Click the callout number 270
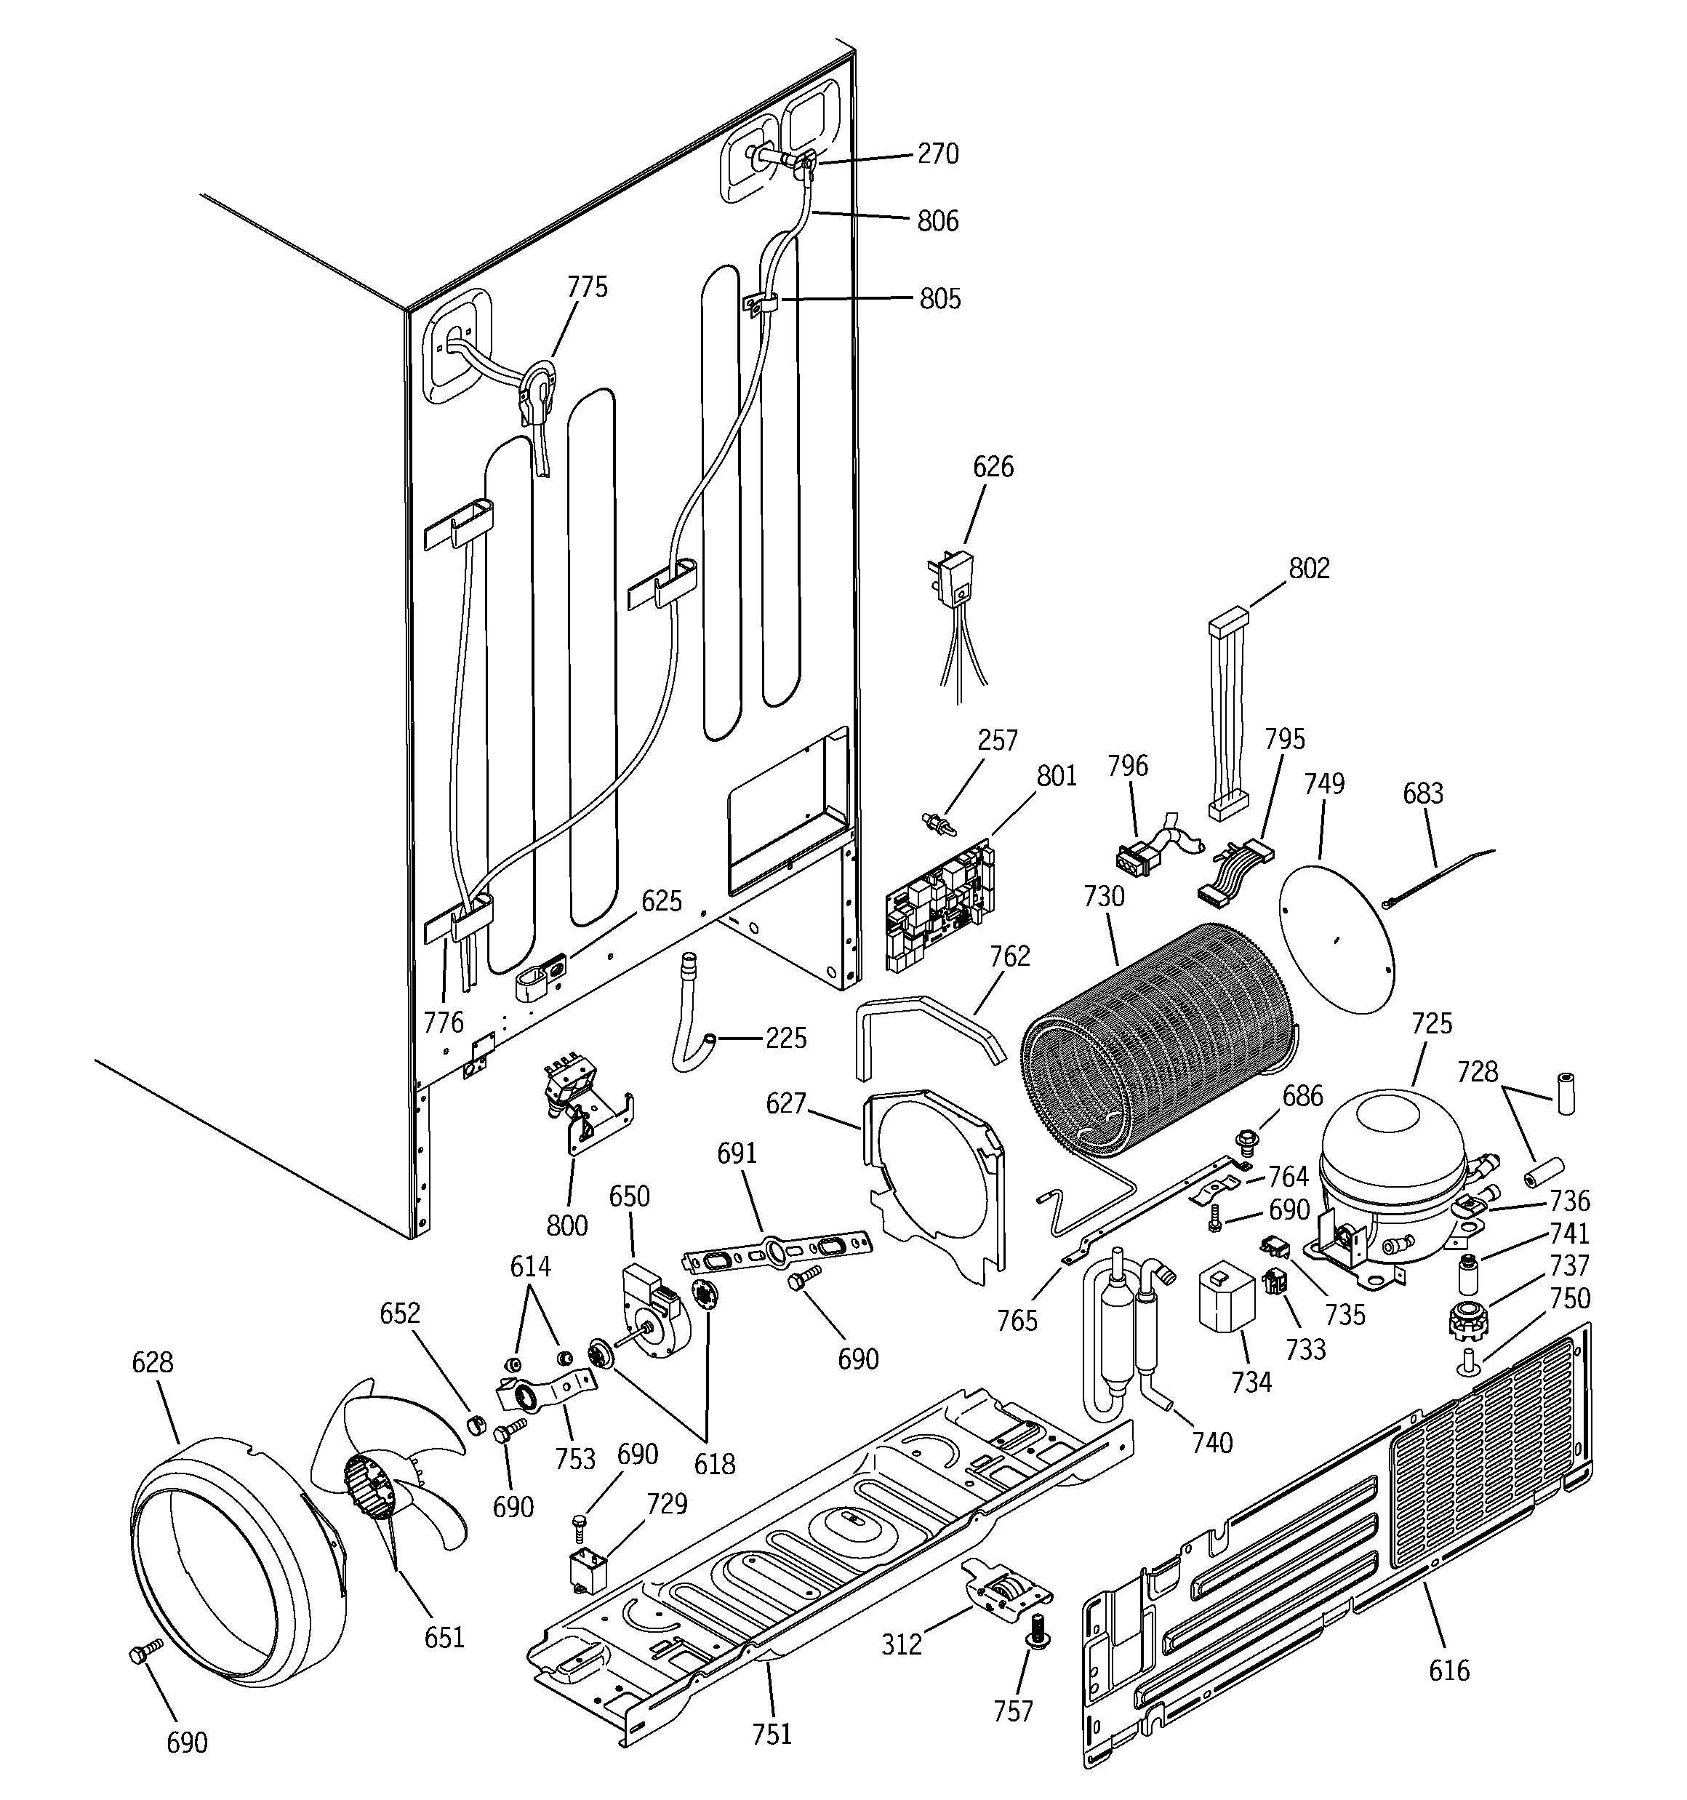tap(937, 154)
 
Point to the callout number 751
tap(772, 1734)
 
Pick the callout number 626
tap(993, 467)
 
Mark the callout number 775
tap(587, 287)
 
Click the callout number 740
tap(1212, 1441)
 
